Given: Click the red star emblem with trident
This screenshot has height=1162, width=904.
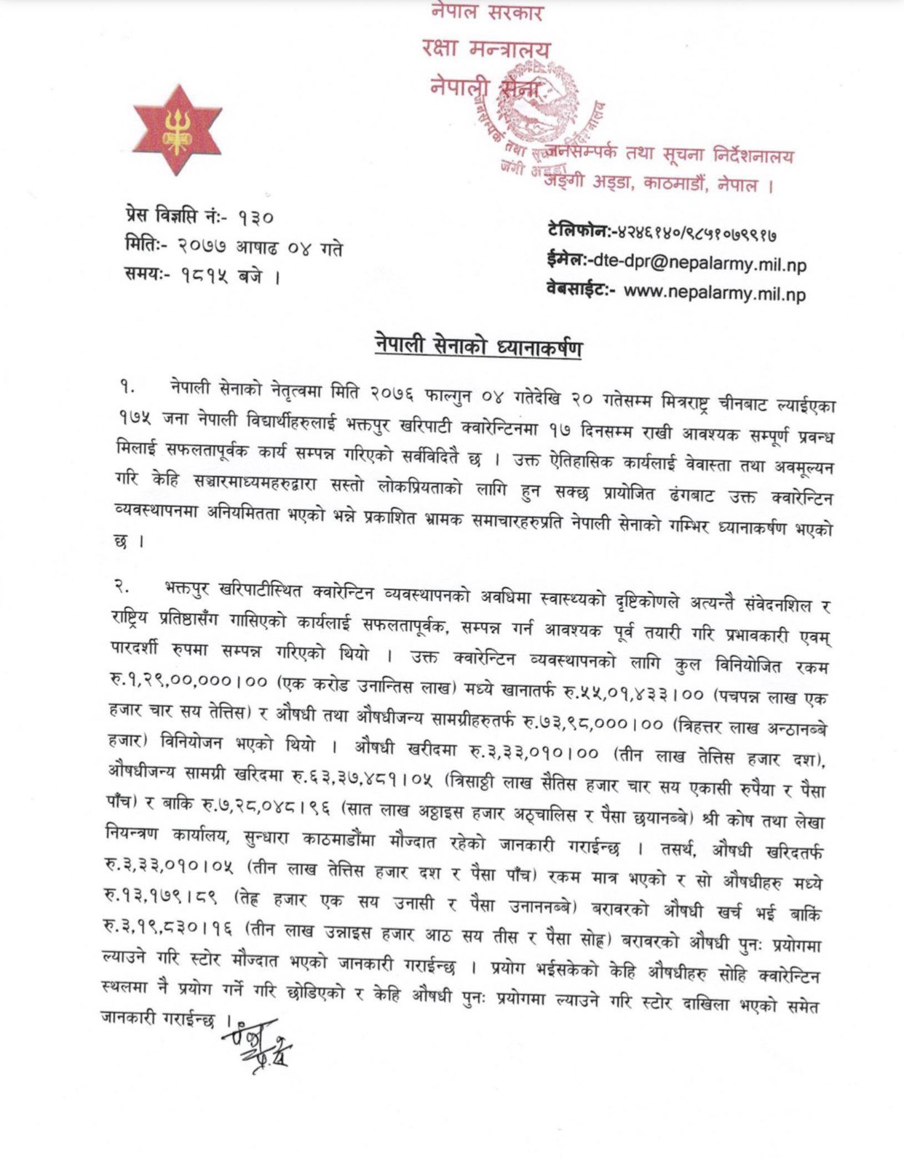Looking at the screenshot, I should (177, 130).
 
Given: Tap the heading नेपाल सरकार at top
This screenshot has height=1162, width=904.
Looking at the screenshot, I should (486, 12).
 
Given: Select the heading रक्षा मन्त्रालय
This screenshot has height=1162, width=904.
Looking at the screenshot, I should (485, 49).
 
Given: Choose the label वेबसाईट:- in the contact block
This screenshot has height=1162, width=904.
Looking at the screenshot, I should (581, 290).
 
